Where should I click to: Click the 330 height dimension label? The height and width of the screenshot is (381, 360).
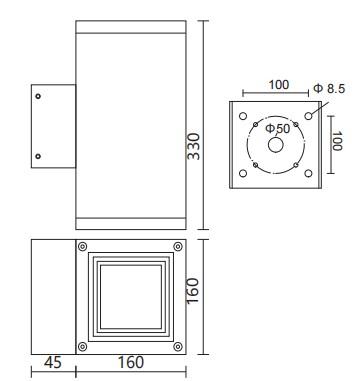(x=194, y=147)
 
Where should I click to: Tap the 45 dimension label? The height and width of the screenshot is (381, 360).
(x=53, y=362)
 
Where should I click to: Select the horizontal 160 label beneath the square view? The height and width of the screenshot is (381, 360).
(x=131, y=362)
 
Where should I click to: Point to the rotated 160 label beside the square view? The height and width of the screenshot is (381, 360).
(x=193, y=291)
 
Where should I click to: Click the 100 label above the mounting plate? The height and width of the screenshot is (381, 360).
(x=279, y=85)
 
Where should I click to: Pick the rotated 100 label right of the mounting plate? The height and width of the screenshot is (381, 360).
(x=337, y=141)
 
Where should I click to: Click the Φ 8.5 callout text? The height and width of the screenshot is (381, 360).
(x=329, y=88)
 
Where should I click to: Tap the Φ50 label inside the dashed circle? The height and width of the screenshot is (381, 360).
(x=277, y=129)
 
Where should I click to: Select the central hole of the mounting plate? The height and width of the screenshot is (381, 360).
(x=276, y=145)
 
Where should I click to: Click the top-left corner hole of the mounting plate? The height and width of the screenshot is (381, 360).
(x=243, y=116)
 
